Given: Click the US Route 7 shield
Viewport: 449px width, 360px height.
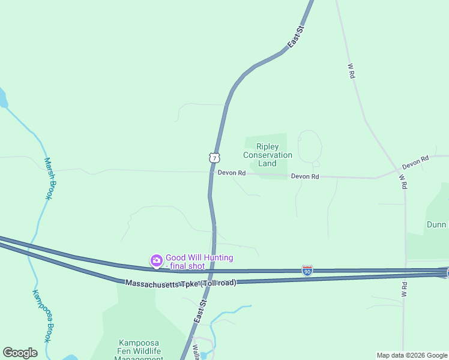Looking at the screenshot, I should tap(214, 157).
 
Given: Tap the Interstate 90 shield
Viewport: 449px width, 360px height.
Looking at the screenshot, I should tap(307, 271).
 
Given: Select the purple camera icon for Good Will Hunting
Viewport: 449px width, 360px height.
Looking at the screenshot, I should tap(156, 260).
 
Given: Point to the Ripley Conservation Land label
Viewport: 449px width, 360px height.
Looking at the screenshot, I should tap(267, 155).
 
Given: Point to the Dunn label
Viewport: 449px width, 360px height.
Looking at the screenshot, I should tap(436, 224).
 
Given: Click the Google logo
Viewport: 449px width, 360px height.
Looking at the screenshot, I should tap(20, 353).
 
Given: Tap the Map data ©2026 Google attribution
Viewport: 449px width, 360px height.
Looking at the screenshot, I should tap(412, 355).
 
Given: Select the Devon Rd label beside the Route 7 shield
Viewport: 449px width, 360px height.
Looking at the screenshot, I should tap(232, 173).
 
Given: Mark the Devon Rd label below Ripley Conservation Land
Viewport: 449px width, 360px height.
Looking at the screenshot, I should tap(305, 176).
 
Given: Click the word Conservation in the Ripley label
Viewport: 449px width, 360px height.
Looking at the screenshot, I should tap(267, 155).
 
